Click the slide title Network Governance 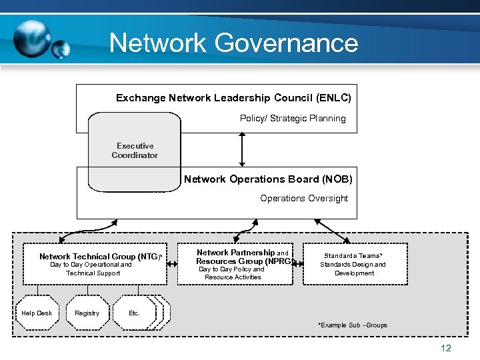(233, 43)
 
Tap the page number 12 (446, 349)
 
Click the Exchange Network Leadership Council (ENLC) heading (233, 98)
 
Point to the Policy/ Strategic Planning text (293, 119)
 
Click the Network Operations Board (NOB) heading (268, 179)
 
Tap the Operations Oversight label (304, 198)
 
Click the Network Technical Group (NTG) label (100, 257)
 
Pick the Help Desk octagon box (37, 313)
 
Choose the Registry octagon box (87, 313)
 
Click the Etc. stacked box (137, 313)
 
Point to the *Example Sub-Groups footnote (353, 325)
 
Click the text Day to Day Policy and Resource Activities (233, 273)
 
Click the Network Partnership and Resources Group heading (243, 257)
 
